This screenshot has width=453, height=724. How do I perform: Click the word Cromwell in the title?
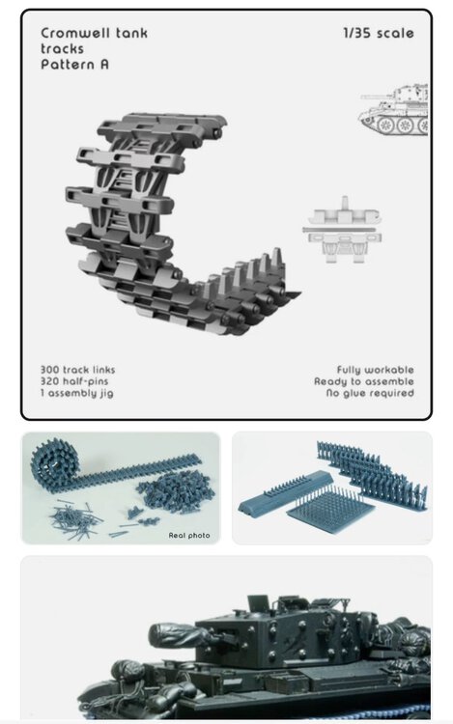pos(75,33)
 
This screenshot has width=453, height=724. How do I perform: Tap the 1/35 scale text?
pos(379,33)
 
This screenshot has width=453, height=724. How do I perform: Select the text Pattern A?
pos(74,64)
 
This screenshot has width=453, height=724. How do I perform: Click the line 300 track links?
pos(77,370)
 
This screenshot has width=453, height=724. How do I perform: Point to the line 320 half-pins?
pos(73,381)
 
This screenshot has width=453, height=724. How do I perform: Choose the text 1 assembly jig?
pos(76,394)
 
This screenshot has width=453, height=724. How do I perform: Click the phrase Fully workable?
pos(375,370)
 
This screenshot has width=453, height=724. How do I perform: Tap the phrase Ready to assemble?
pos(364,381)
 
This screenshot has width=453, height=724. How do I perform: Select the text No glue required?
pos(370,394)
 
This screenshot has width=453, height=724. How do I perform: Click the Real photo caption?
pos(189,536)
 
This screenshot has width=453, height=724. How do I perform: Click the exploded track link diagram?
pos(342,230)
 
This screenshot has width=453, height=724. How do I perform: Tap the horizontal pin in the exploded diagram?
pos(342,229)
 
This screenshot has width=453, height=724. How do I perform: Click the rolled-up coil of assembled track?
pos(51,463)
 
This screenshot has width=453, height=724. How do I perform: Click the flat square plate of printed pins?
pos(331,511)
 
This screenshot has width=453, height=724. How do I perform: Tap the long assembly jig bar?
pos(285,492)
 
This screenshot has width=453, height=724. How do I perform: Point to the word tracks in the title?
pos(63,48)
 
